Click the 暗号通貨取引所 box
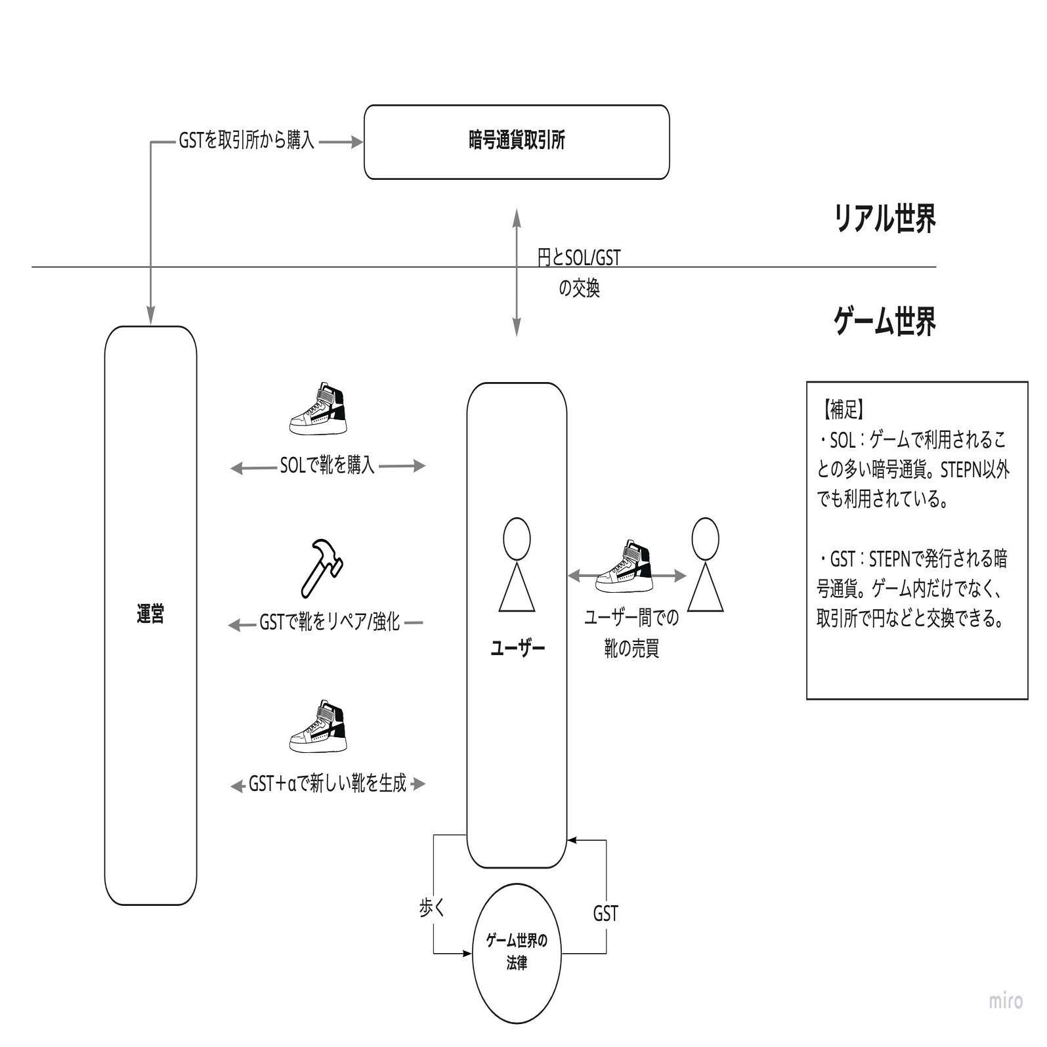point(517,142)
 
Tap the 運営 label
point(150,614)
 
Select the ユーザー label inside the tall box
point(517,649)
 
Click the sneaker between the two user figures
point(624,566)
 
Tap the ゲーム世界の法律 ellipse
point(517,952)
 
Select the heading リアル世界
point(884,219)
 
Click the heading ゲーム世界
point(884,322)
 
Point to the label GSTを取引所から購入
point(247,141)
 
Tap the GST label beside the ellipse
point(605,913)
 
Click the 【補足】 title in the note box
point(842,410)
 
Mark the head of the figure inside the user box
point(517,538)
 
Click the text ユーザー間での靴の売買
point(631,633)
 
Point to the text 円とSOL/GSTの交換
point(578,272)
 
